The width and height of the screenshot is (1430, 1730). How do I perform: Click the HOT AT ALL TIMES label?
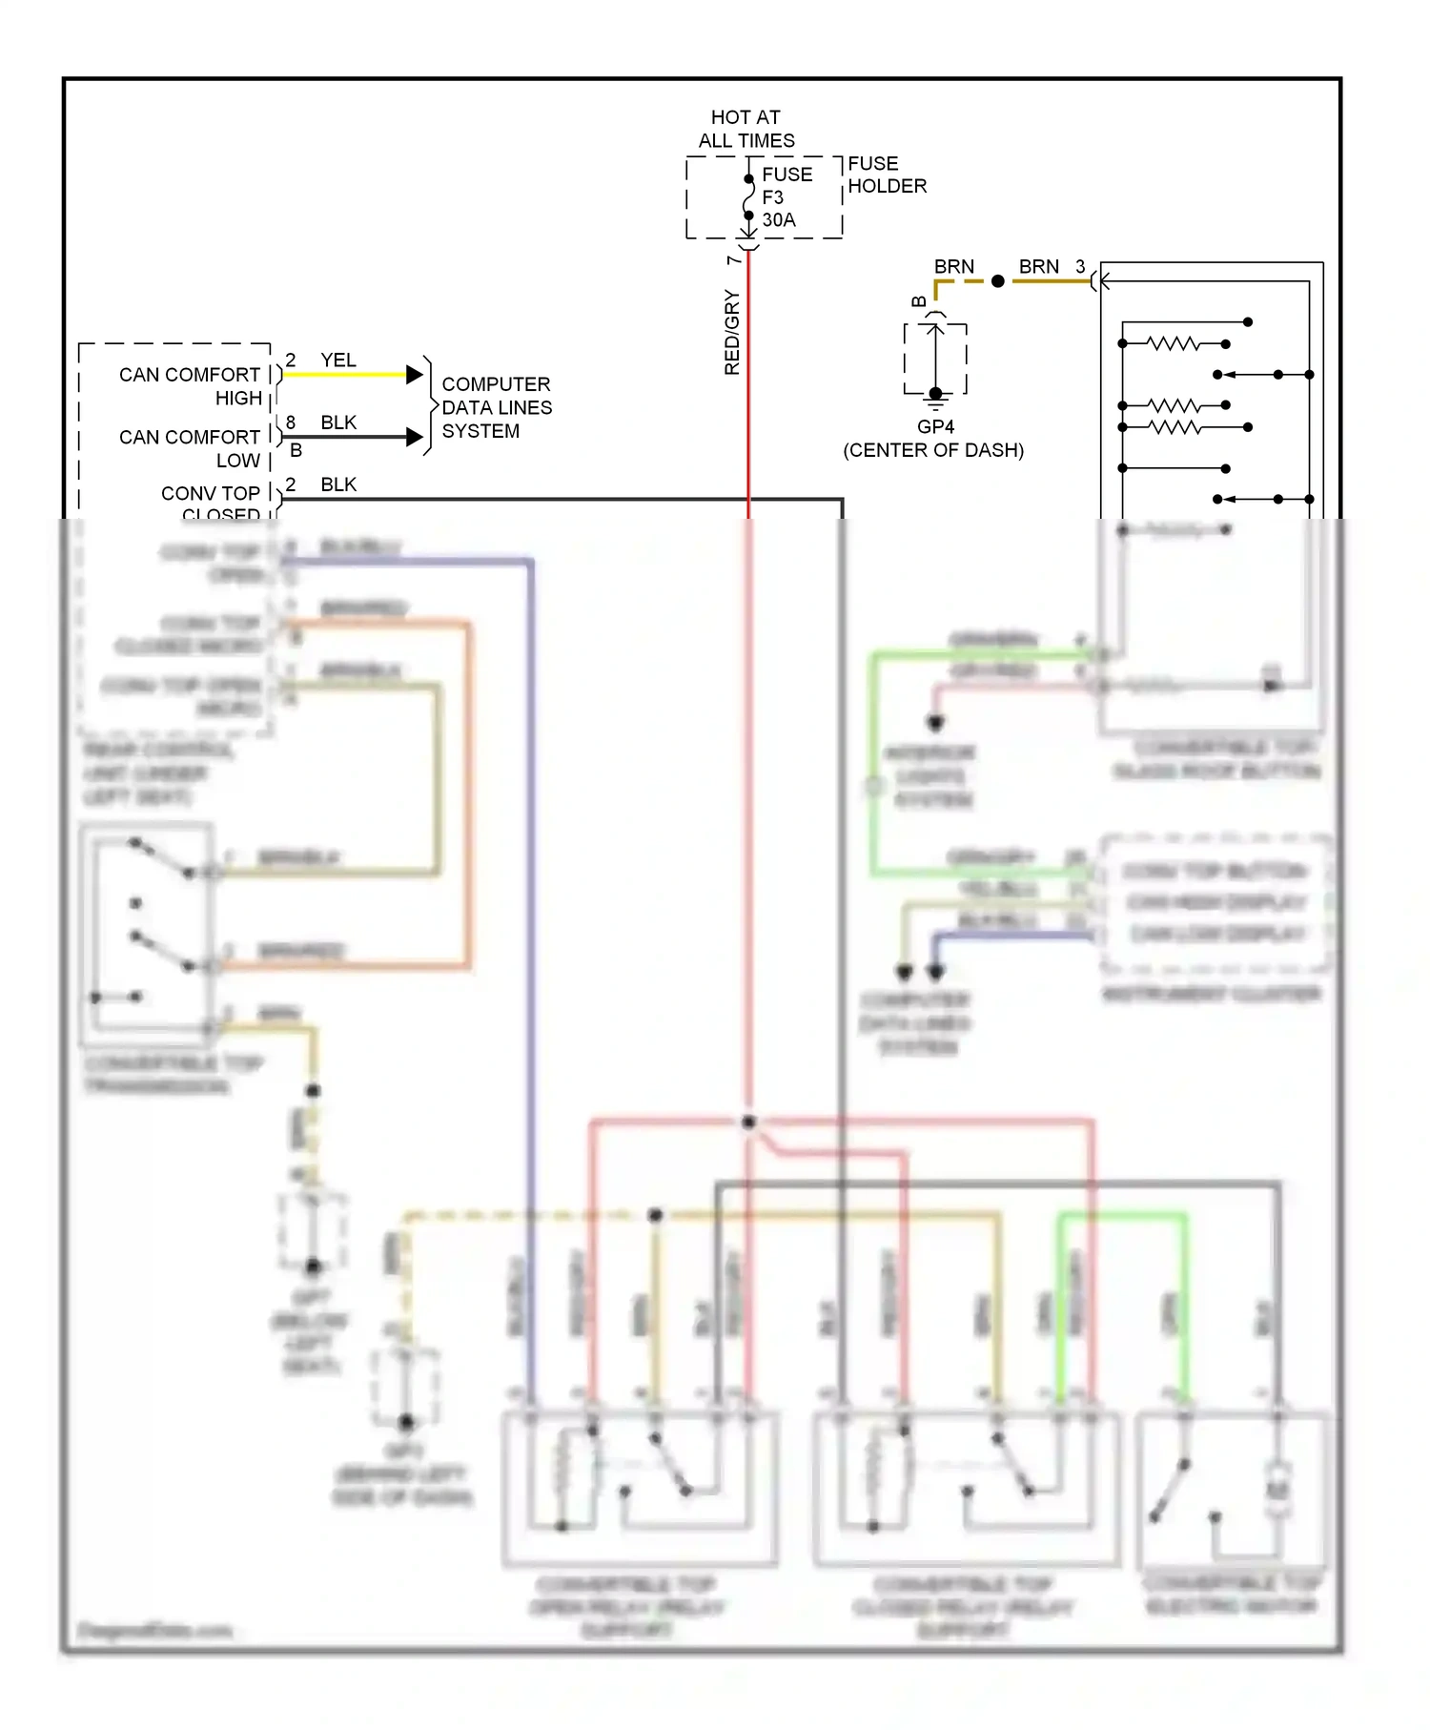pos(746,129)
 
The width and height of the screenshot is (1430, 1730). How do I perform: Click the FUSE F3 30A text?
pos(786,197)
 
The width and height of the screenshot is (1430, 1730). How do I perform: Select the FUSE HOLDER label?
pos(886,175)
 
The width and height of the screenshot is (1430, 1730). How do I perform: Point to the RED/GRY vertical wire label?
pos(732,332)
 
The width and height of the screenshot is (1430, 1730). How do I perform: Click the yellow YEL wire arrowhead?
pos(415,374)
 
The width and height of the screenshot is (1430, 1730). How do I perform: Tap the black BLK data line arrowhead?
pos(415,437)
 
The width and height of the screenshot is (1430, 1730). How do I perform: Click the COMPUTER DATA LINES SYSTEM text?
pos(496,407)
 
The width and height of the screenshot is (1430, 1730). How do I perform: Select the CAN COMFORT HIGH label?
pos(190,386)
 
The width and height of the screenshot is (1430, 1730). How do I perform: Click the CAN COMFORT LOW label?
pos(190,448)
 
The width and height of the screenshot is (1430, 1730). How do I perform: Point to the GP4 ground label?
pos(935,426)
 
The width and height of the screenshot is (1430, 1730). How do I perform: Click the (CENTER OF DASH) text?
pos(933,450)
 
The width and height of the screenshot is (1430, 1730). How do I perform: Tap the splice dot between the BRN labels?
pos(997,281)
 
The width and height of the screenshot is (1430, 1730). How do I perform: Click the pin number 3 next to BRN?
pos(1080,267)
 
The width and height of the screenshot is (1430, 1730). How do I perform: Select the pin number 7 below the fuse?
pos(733,259)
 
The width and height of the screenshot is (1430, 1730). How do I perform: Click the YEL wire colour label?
pos(338,360)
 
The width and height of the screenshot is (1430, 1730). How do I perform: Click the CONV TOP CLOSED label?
pos(211,504)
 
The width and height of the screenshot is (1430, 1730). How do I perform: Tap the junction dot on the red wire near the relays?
pos(748,1122)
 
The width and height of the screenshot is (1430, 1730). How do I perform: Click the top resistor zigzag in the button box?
pos(1174,343)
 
